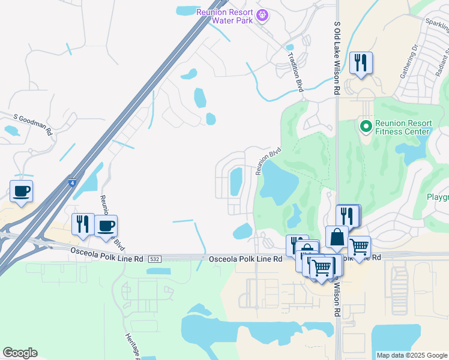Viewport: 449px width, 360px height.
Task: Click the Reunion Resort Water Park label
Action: coord(225,16)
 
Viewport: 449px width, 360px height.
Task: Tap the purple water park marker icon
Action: coord(262,16)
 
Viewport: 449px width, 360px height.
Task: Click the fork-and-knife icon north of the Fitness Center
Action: coord(360,62)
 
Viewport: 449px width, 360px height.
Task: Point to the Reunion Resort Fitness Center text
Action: coord(402,127)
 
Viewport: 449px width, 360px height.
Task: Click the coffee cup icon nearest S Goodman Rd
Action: coord(21,192)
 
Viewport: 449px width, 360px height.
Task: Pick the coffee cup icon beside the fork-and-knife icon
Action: coord(106,226)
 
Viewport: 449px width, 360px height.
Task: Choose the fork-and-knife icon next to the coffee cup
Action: coord(83,224)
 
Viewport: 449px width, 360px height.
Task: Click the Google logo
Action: coord(20,353)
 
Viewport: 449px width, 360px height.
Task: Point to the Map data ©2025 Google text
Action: coord(411,355)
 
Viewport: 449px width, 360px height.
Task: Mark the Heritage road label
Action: coord(132,346)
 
